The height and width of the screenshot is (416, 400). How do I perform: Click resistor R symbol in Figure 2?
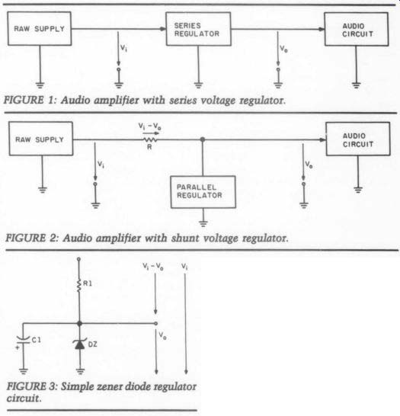pyautogui.click(x=150, y=139)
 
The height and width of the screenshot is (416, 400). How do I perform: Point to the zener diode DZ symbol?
pyautogui.click(x=80, y=344)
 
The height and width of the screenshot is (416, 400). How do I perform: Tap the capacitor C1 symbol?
pyautogui.click(x=23, y=340)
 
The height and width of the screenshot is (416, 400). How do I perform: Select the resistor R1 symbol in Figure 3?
pyautogui.click(x=78, y=285)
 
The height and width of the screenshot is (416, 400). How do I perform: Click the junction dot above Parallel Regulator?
pyautogui.click(x=203, y=139)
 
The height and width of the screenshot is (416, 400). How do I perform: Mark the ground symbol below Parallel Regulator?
pyautogui.click(x=203, y=224)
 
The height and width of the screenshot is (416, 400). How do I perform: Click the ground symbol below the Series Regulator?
pyautogui.click(x=198, y=85)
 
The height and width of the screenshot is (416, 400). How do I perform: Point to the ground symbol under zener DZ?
pyautogui.click(x=80, y=371)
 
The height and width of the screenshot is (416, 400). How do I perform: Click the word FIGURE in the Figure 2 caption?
pyautogui.click(x=25, y=238)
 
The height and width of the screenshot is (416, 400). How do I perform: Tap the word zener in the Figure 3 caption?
pyautogui.click(x=110, y=386)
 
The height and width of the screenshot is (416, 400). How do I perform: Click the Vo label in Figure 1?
pyautogui.click(x=283, y=49)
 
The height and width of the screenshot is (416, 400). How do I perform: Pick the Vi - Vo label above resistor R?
pyautogui.click(x=149, y=126)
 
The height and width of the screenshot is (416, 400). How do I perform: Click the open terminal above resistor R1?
pyautogui.click(x=78, y=259)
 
